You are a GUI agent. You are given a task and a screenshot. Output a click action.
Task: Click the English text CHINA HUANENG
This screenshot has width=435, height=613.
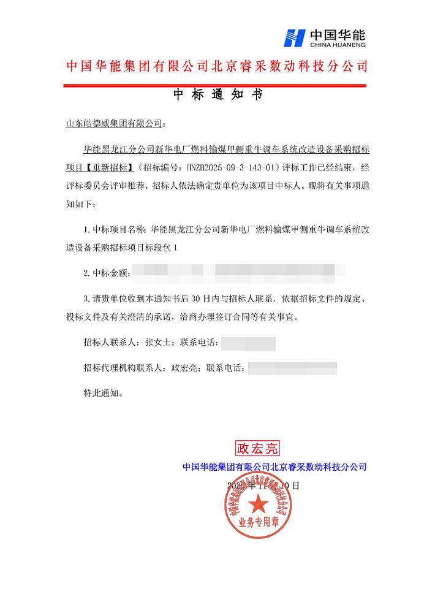click(x=339, y=45)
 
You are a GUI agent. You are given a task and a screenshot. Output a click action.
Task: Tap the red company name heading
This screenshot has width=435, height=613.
click(x=217, y=66)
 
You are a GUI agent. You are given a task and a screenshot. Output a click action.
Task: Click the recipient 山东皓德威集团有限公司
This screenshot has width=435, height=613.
click(x=113, y=123)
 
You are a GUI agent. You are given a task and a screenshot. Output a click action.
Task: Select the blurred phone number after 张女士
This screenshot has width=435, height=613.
click(x=248, y=343)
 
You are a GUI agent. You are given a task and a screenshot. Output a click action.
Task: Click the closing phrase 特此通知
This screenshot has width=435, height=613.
click(x=102, y=393)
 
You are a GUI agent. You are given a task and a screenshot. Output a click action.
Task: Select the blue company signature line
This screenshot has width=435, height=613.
click(x=274, y=467)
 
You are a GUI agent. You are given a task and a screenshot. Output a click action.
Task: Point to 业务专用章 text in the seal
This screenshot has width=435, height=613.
click(x=259, y=539)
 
